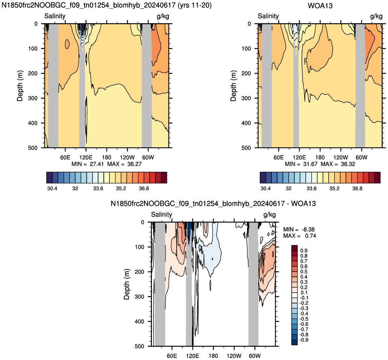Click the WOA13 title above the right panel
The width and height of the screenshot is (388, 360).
(320, 6)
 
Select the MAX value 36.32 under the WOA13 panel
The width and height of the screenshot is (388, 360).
(348, 164)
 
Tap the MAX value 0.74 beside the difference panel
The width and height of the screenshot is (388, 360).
(311, 236)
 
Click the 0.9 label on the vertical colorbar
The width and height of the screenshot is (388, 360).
(304, 251)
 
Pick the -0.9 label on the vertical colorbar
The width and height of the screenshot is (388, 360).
(304, 340)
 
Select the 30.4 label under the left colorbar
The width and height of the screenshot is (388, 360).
(52, 188)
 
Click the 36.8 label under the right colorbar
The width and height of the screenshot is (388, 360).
(357, 188)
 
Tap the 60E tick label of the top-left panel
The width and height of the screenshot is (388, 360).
(65, 158)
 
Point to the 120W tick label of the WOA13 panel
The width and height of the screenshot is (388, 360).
(341, 158)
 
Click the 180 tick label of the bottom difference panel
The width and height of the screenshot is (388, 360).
(213, 356)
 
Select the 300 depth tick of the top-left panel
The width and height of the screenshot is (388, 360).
(32, 98)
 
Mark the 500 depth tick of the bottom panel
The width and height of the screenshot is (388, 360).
(139, 346)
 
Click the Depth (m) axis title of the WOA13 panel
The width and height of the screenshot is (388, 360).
(233, 86)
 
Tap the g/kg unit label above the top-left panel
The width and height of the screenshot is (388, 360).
(163, 17)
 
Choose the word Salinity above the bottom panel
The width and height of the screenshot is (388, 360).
(162, 214)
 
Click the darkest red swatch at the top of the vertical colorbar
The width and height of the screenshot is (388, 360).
(294, 248)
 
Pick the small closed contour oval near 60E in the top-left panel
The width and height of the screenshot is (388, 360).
(67, 44)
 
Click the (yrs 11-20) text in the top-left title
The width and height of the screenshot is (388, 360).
(195, 5)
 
